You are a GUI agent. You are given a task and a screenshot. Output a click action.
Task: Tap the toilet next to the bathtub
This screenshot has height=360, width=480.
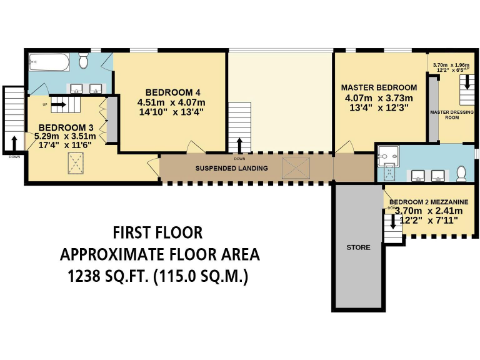click(84, 61)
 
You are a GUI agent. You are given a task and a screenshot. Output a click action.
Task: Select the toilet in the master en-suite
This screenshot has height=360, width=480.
click(461, 173)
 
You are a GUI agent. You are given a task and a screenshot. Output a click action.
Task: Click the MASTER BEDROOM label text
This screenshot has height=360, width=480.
click(379, 87)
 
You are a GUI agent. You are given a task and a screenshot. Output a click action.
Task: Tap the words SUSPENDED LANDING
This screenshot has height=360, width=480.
click(231, 169)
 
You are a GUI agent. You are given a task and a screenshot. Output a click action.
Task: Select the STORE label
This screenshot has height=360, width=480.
click(358, 247)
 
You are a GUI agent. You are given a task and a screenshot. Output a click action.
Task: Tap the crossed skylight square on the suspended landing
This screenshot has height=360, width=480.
click(296, 167)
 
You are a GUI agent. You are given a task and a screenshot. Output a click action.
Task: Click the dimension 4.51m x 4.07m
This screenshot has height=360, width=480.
click(171, 102)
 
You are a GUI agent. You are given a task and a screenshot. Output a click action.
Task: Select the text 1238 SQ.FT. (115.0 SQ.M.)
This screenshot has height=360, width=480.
click(159, 276)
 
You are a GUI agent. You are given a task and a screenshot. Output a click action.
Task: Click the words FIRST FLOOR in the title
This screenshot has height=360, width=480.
click(157, 233)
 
